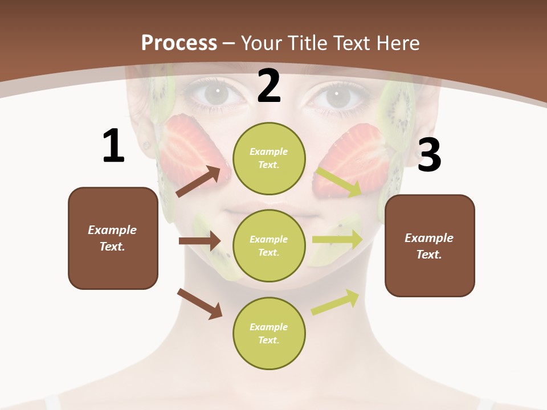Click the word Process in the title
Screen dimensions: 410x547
click(x=179, y=43)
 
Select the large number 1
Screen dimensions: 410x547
click(x=113, y=146)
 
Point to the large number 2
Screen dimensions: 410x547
click(x=269, y=87)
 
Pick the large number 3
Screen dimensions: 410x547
click(x=430, y=155)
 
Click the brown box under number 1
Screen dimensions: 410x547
click(x=113, y=238)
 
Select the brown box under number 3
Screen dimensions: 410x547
click(x=430, y=246)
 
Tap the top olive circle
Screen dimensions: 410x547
click(x=269, y=158)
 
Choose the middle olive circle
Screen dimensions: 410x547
click(x=269, y=246)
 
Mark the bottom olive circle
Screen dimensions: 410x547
click(x=269, y=334)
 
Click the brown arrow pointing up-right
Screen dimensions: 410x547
click(x=198, y=182)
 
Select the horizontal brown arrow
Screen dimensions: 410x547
click(x=199, y=241)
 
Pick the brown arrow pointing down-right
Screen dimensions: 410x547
click(x=199, y=304)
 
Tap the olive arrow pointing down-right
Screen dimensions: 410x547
click(x=339, y=181)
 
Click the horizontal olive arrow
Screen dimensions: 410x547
click(x=337, y=239)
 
